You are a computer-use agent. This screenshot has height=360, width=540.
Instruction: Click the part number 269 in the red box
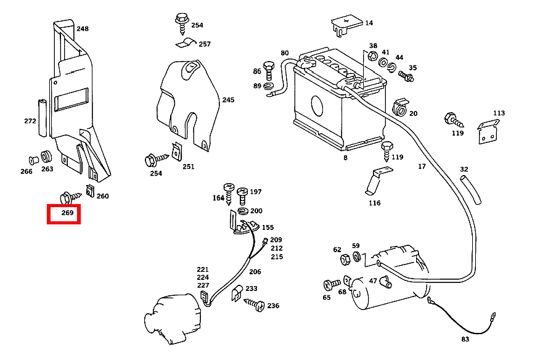pyautogui.click(x=68, y=213)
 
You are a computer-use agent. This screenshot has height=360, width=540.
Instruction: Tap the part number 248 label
pyautogui.click(x=83, y=28)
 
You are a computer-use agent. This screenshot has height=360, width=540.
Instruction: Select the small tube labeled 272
pyautogui.click(x=43, y=118)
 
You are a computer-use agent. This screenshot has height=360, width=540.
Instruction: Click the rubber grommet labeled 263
pyautogui.click(x=46, y=157)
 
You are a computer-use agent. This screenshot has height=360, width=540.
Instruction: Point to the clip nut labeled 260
pyautogui.click(x=90, y=190)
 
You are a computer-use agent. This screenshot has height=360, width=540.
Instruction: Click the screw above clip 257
pyautogui.click(x=182, y=24)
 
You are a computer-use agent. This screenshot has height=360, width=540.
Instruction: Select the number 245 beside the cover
pyautogui.click(x=228, y=100)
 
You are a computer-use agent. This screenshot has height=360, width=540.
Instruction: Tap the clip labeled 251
pyautogui.click(x=177, y=152)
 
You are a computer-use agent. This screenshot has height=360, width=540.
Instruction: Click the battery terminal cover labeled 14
pyautogui.click(x=346, y=25)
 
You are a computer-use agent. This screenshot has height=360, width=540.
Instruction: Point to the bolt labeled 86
pyautogui.click(x=269, y=71)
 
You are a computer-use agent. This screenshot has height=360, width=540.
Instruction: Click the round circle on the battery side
pyautogui.click(x=317, y=105)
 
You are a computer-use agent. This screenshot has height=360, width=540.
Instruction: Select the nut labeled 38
pyautogui.click(x=372, y=56)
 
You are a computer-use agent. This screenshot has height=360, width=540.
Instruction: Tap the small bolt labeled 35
pyautogui.click(x=406, y=76)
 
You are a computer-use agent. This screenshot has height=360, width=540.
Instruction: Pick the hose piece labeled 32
pyautogui.click(x=471, y=189)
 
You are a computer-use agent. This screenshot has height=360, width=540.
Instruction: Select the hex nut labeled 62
pyautogui.click(x=345, y=260)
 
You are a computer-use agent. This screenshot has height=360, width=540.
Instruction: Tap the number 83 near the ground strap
pyautogui.click(x=465, y=339)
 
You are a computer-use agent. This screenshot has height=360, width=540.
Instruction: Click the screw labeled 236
pyautogui.click(x=255, y=305)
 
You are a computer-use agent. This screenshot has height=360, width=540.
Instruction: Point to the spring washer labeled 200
pyautogui.click(x=243, y=211)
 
